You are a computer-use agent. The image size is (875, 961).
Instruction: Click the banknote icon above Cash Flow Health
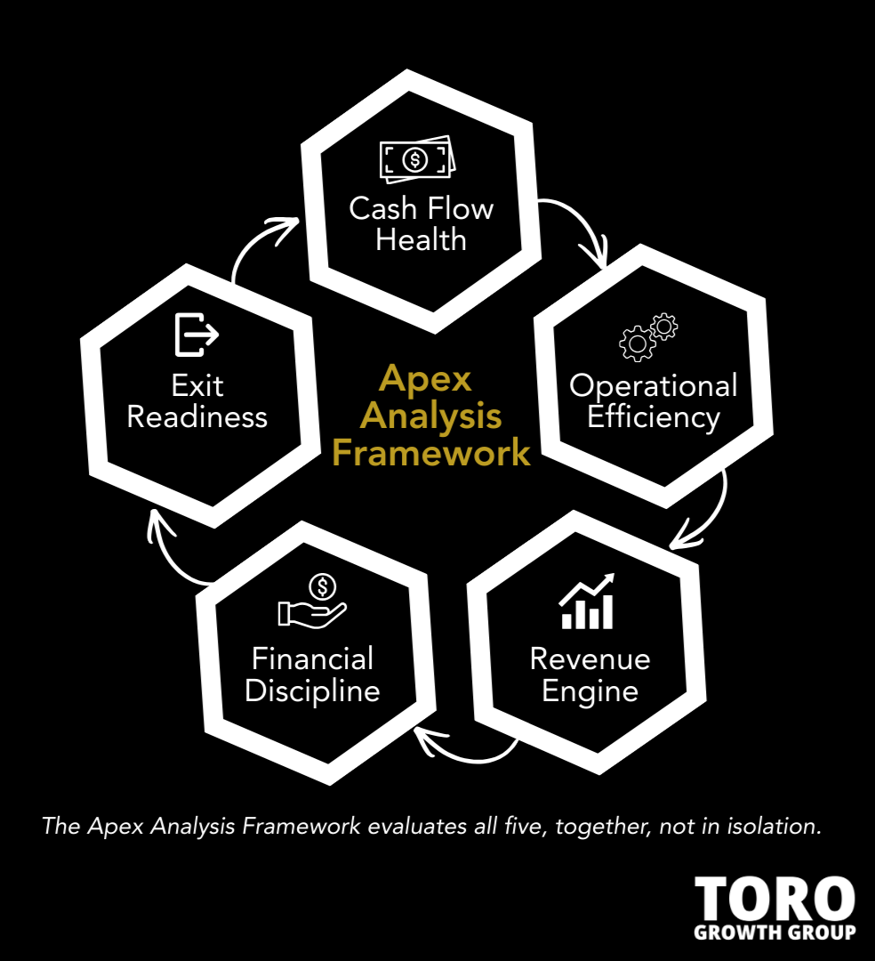tap(416, 160)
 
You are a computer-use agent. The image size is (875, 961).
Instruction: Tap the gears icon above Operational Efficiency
tap(648, 337)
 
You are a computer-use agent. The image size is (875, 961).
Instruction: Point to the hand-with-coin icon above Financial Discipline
tap(312, 603)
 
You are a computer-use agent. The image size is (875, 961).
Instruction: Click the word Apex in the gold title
tap(425, 378)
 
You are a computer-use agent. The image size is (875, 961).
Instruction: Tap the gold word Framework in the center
tap(431, 453)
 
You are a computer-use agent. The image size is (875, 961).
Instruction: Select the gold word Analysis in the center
tap(431, 416)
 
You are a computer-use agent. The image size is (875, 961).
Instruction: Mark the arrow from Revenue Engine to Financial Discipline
tap(467, 752)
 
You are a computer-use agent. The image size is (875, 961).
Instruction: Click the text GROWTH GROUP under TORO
tap(774, 932)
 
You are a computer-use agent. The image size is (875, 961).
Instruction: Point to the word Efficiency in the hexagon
tap(653, 417)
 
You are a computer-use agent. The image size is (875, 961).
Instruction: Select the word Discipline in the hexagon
tap(312, 691)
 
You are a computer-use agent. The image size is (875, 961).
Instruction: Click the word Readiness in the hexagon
tap(197, 417)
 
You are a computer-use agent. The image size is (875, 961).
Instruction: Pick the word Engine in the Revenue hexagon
tap(590, 691)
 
